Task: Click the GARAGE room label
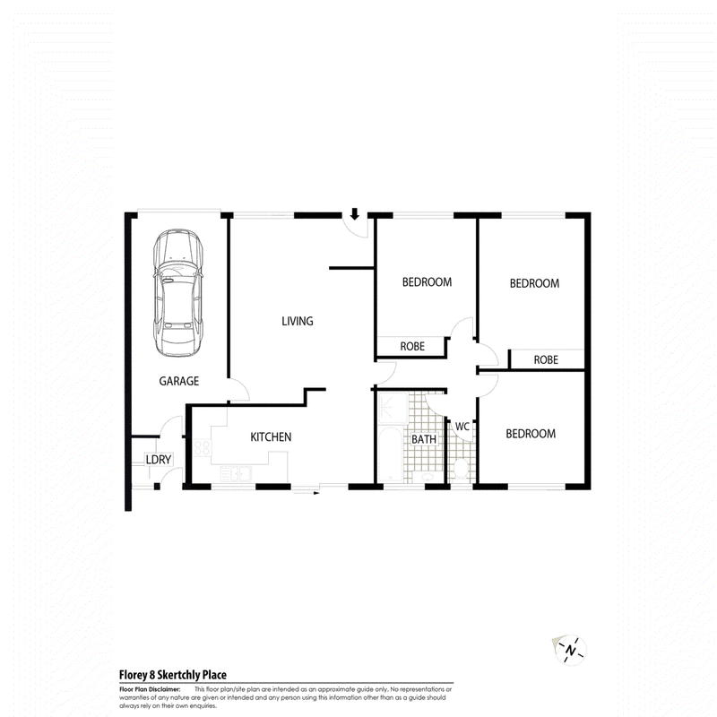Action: click(178, 381)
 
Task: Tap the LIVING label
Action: click(298, 321)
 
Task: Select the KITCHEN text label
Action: click(271, 436)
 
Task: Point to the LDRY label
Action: click(159, 460)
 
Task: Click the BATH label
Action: click(424, 439)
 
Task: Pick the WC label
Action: click(462, 427)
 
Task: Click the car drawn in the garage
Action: click(178, 293)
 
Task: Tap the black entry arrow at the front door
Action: click(354, 214)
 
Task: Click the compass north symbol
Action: click(570, 650)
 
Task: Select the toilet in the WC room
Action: click(461, 468)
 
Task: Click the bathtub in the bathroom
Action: click(391, 454)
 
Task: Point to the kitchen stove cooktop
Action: click(203, 448)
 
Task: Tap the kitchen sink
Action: click(236, 474)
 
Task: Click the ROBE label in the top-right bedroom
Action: click(546, 360)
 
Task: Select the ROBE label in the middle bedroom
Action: click(412, 346)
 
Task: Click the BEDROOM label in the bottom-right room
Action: click(531, 434)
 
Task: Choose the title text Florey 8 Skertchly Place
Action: click(172, 675)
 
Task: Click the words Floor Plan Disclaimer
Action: click(150, 689)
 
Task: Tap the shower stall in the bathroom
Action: click(393, 408)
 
